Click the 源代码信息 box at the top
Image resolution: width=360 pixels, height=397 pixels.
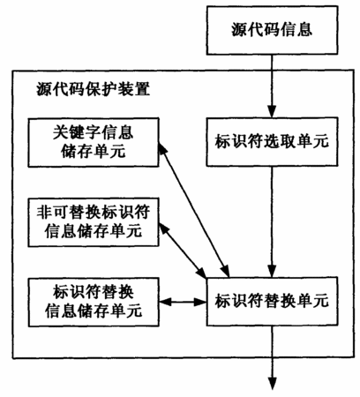tap(272, 30)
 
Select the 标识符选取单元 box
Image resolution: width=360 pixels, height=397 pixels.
tap(272, 142)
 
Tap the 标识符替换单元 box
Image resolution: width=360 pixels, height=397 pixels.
tap(272, 301)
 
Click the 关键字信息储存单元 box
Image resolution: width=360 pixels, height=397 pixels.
tap(94, 143)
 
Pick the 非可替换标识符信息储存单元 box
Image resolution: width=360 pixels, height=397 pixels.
tap(94, 222)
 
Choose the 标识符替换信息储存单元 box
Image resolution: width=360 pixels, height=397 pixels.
tap(94, 302)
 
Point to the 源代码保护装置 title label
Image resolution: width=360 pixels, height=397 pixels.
tap(94, 88)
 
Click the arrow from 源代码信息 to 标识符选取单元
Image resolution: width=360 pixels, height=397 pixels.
tap(272, 86)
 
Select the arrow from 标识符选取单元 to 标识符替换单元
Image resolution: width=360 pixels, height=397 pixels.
tap(272, 221)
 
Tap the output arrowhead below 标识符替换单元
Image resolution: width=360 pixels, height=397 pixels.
tap(272, 384)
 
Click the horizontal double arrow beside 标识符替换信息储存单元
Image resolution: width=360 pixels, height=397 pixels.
tap(183, 302)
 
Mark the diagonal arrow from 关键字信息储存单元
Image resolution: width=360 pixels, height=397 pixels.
tap(194, 210)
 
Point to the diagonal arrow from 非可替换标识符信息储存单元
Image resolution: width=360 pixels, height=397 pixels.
tap(183, 251)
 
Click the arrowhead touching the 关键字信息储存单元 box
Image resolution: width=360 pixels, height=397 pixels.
tap(162, 149)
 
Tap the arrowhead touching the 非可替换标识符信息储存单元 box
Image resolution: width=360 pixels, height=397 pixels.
tap(163, 228)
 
